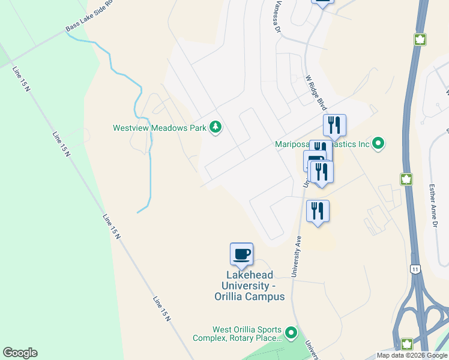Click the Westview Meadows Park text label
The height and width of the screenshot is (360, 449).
click(x=159, y=128)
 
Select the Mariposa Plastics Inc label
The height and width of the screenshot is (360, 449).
click(x=321, y=144)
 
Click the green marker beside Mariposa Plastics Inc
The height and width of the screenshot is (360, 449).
click(x=378, y=144)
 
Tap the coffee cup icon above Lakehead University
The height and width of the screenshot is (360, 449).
click(x=241, y=254)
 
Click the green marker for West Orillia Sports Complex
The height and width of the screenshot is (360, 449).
click(x=291, y=332)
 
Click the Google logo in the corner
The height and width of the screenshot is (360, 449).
click(x=20, y=353)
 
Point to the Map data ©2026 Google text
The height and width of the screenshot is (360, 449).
click(x=412, y=355)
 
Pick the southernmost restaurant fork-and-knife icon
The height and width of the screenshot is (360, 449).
click(x=318, y=211)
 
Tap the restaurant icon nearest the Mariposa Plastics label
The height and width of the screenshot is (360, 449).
click(x=334, y=125)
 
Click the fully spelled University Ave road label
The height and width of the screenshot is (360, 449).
click(x=297, y=256)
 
